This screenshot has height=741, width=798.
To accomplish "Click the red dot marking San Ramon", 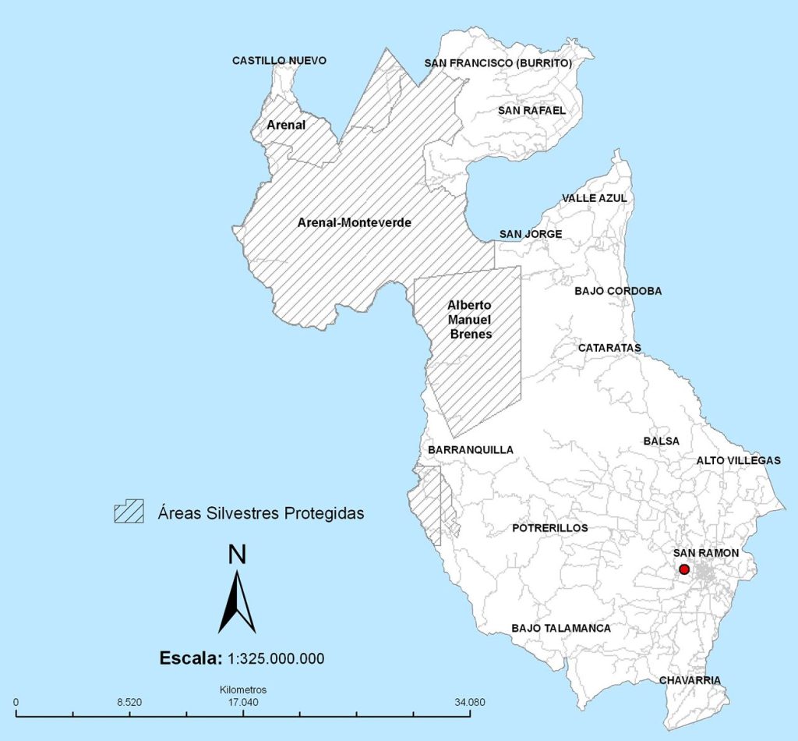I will click(684, 569).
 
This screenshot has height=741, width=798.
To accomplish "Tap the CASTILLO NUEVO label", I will click(279, 61).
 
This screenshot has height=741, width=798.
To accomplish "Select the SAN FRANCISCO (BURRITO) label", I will click(498, 62).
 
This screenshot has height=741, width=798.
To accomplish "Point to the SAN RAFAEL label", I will click(531, 110).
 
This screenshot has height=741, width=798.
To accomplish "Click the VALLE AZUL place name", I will click(595, 198).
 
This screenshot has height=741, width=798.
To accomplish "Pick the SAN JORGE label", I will click(531, 233).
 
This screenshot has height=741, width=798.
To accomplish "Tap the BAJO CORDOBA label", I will click(618, 291).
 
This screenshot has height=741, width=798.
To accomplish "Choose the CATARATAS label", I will click(609, 347).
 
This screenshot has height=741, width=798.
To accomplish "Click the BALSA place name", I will click(662, 441).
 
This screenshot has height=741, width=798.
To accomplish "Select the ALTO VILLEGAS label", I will click(738, 460).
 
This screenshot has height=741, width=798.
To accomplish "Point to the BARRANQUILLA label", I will click(471, 450).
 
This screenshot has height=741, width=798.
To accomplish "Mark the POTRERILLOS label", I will click(550, 528).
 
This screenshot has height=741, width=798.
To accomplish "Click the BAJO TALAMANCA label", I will click(561, 628).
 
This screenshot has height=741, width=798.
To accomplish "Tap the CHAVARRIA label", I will click(690, 680).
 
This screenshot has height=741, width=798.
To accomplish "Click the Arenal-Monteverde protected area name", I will click(355, 222).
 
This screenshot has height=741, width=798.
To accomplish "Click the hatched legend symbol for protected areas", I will click(129, 512).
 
